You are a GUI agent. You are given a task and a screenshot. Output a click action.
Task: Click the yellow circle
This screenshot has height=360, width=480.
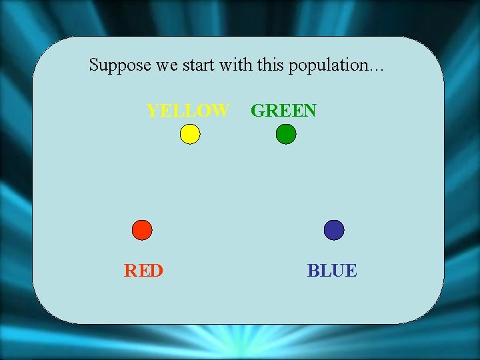pyautogui.click(x=190, y=135)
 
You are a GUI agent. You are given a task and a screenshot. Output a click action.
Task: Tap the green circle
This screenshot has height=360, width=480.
pyautogui.click(x=286, y=135)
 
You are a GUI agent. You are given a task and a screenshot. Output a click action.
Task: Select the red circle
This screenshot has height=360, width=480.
pyautogui.click(x=142, y=230)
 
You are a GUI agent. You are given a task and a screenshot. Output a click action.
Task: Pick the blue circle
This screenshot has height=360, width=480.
pyautogui.click(x=334, y=230)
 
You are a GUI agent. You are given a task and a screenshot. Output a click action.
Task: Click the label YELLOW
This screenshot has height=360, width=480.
pyautogui.click(x=188, y=111)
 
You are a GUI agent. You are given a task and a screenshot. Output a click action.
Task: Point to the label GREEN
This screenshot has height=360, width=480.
pyautogui.click(x=283, y=111)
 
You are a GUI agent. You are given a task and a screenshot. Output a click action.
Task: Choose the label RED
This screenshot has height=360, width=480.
pyautogui.click(x=143, y=271)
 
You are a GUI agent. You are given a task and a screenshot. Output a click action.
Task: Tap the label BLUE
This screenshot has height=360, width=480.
pyautogui.click(x=332, y=271)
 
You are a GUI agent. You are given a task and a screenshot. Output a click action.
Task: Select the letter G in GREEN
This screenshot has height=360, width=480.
pyautogui.click(x=258, y=111)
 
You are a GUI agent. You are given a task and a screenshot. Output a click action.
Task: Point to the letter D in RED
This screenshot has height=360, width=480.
pyautogui.click(x=157, y=271)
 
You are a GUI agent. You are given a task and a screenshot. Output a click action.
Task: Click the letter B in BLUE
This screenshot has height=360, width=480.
pyautogui.click(x=313, y=271)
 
